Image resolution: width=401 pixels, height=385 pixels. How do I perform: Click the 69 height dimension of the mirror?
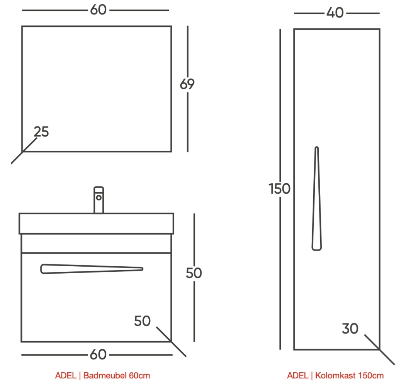pyautogui.click(x=187, y=84)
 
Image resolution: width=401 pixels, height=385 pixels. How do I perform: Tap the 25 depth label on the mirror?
pyautogui.click(x=41, y=132)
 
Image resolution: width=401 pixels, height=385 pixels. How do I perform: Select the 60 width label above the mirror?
pyautogui.click(x=98, y=10)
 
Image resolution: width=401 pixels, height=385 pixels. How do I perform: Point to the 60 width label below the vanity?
pyautogui.click(x=98, y=354)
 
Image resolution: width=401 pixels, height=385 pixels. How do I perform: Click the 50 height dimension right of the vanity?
pyautogui.click(x=194, y=273)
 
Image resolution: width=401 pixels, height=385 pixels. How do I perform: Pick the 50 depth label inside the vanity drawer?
pyautogui.click(x=142, y=321)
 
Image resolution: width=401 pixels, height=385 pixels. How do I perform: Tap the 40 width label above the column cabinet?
pyautogui.click(x=335, y=12)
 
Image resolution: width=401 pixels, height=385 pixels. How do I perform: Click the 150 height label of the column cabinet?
pyautogui.click(x=279, y=189)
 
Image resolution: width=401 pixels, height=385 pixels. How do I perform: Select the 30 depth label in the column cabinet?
pyautogui.click(x=350, y=329)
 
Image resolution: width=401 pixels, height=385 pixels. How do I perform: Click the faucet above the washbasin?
pyautogui.click(x=99, y=200)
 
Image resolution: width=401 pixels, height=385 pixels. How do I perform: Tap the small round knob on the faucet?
pyautogui.click(x=99, y=198)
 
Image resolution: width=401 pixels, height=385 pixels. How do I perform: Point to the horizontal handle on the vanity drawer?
pyautogui.click(x=92, y=269)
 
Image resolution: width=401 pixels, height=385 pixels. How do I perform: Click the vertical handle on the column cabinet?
pyautogui.click(x=317, y=199)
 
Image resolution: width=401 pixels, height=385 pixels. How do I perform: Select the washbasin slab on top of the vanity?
pyautogui.click(x=96, y=223)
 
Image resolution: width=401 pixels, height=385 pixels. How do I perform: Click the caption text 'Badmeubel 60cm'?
pyautogui.click(x=117, y=376)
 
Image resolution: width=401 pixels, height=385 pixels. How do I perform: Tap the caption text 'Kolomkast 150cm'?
pyautogui.click(x=349, y=376)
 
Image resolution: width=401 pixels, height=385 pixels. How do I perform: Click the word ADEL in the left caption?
pyautogui.click(x=66, y=376)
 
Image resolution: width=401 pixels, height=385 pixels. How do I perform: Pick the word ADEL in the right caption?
pyautogui.click(x=298, y=376)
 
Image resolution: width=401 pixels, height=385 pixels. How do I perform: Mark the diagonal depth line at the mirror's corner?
pyautogui.click(x=24, y=151)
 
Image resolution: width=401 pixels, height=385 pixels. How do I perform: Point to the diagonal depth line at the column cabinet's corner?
pyautogui.click(x=379, y=349)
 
